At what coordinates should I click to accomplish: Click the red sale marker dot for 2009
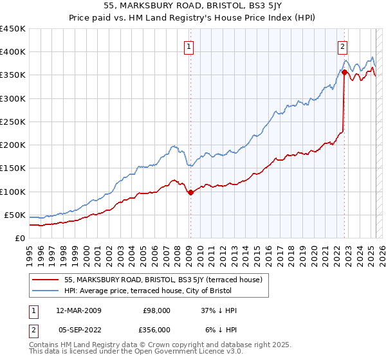coord(190,192)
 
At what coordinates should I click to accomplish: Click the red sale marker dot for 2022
coord(344,73)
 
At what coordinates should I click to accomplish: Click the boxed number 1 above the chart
coord(189,46)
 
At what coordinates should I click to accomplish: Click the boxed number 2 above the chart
coord(343,46)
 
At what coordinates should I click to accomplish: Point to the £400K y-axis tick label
coord(12,52)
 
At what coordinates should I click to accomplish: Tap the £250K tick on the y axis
coord(12,122)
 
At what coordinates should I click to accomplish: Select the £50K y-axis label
coord(15,215)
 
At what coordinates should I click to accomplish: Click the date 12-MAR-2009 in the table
coord(78,310)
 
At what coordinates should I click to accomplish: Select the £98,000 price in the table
coord(156,310)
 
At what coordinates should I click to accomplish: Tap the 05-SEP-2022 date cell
coord(78,330)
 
